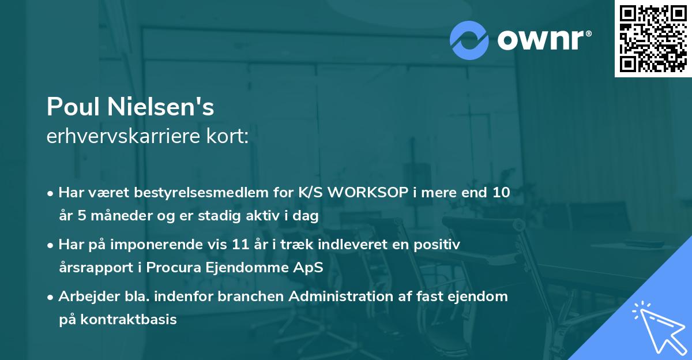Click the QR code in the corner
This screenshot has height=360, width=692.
[653, 39]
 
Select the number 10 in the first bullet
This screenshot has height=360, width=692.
[500, 193]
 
